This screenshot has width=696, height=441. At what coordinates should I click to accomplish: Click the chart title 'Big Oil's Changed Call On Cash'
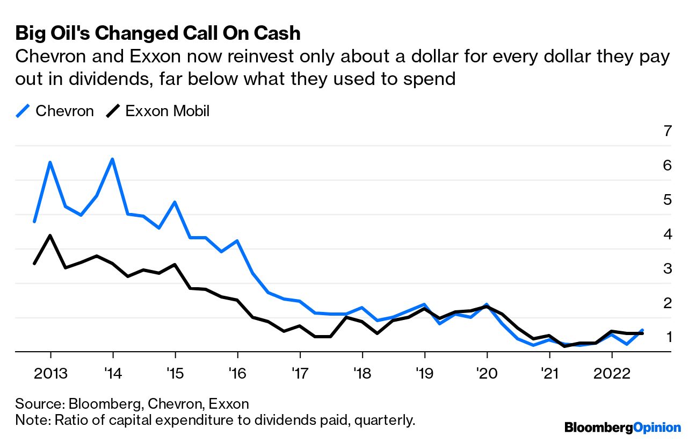[158, 33]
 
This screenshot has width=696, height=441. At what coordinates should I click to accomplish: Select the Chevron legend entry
[55, 111]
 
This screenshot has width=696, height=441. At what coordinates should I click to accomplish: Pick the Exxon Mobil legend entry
[158, 111]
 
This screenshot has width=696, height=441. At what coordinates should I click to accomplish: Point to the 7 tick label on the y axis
[668, 131]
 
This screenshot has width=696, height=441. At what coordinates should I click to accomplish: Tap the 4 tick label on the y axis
[668, 234]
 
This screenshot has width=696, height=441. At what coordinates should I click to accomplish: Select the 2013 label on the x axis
[50, 373]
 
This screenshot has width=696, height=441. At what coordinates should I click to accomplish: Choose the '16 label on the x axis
[237, 373]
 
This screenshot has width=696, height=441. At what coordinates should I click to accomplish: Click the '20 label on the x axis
[487, 373]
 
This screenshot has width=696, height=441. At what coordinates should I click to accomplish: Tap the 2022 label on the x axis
[612, 373]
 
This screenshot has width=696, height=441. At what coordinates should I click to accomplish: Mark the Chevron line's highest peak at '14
[112, 159]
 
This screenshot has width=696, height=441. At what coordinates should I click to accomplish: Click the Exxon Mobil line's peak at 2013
[50, 236]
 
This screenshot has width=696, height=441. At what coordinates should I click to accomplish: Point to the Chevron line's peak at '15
[175, 202]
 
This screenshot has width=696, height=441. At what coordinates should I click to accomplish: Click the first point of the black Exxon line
[34, 264]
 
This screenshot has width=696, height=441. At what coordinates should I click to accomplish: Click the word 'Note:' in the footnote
[33, 420]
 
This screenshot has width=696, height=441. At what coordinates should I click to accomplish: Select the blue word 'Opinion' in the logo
[657, 428]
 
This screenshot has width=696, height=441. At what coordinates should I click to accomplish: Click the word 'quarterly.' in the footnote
[385, 421]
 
